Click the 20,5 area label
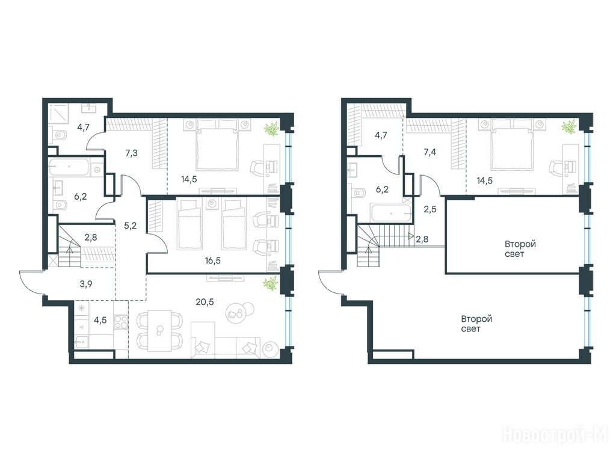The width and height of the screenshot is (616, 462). [x=205, y=302]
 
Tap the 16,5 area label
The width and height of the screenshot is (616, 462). [x=212, y=260]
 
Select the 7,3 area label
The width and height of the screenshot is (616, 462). [x=131, y=153]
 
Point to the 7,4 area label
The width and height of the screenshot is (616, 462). [x=430, y=152]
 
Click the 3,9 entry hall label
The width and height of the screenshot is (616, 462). [x=85, y=284]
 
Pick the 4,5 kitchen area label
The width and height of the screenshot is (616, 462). [x=100, y=320]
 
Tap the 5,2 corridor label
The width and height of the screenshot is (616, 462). [x=130, y=226]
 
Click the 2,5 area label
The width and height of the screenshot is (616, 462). [x=430, y=209]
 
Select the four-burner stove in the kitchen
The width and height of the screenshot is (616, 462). [x=120, y=322]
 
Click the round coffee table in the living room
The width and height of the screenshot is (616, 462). [x=237, y=312]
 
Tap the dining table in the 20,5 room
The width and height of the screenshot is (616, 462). [x=159, y=330]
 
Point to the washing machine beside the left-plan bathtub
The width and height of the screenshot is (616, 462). [x=97, y=169]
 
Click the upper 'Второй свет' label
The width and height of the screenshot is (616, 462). [x=520, y=249]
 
